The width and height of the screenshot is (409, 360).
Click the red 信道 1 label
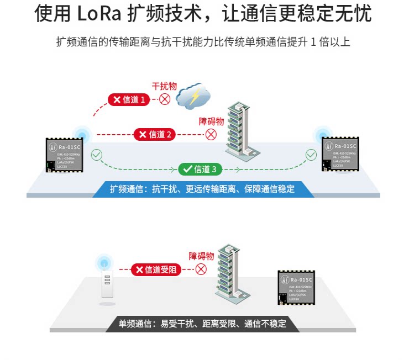point(129,100)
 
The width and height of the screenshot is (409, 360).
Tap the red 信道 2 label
point(155,134)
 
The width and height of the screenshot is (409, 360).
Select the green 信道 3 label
point(201,169)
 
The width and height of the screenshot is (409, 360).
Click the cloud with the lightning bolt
point(193,96)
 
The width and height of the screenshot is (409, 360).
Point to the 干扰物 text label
point(164,86)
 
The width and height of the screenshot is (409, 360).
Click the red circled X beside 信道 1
point(164,99)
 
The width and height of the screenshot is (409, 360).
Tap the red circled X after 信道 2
point(211,134)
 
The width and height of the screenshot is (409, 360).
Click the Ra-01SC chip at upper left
point(64,155)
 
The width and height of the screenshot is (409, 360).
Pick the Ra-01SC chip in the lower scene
point(296,287)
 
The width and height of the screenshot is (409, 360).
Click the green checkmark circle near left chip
point(97,155)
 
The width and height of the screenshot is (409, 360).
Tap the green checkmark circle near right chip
point(312,155)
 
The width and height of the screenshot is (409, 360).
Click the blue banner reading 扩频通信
point(202,189)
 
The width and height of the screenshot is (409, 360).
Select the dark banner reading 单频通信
point(202,324)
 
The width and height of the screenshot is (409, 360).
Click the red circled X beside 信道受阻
point(201,269)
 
